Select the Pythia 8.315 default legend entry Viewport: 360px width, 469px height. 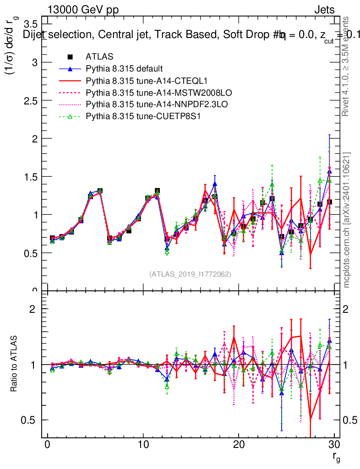pos(124,69)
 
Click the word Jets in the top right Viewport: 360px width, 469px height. pos(324,10)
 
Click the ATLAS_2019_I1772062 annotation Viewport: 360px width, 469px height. pos(190,274)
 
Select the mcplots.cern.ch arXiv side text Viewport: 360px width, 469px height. pos(348,220)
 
